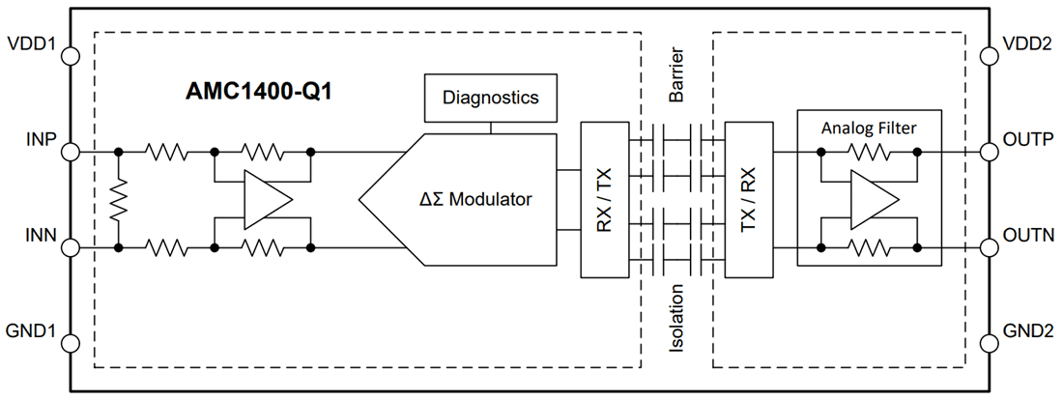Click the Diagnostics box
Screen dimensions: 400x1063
click(491, 99)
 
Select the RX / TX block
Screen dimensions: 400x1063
click(603, 200)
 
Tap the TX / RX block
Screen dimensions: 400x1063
click(747, 200)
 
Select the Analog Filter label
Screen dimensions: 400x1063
click(868, 128)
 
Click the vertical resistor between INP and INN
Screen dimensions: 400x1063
click(118, 200)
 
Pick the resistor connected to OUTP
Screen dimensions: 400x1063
click(868, 152)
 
